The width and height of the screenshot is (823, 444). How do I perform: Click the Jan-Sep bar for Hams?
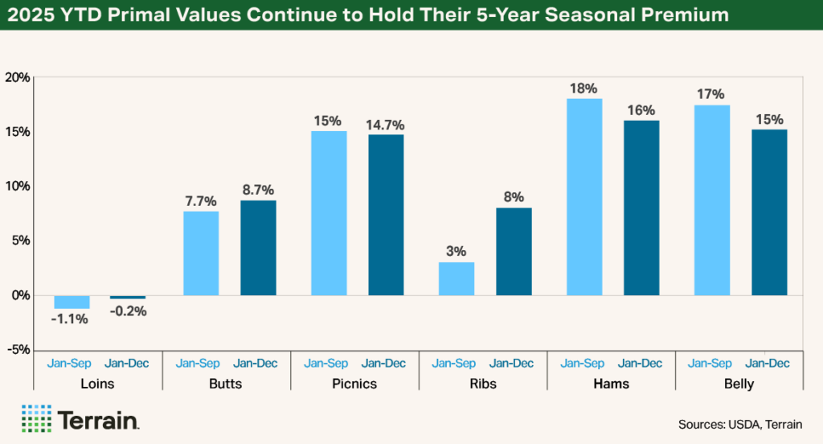pyautogui.click(x=584, y=197)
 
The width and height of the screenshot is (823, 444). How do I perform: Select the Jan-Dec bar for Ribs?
pyautogui.click(x=514, y=251)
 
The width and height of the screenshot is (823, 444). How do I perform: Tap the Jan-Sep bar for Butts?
pyautogui.click(x=201, y=253)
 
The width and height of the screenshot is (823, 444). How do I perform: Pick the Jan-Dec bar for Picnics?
pyautogui.click(x=386, y=215)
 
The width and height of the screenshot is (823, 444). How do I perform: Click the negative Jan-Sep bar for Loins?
pyautogui.click(x=72, y=302)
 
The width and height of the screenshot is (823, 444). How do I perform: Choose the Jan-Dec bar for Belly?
pyautogui.click(x=769, y=212)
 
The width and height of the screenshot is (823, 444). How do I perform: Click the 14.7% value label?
pyautogui.click(x=386, y=125)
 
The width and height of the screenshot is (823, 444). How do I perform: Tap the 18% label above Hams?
pyautogui.click(x=584, y=88)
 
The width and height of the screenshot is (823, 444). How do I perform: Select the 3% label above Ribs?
pyautogui.click(x=457, y=252)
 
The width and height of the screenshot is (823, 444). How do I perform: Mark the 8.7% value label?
pyautogui.click(x=257, y=190)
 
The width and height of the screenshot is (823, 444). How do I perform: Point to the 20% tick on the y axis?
pyautogui.click(x=17, y=78)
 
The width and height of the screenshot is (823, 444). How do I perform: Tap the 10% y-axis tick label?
pyautogui.click(x=17, y=187)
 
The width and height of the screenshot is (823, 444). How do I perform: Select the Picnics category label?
pyautogui.click(x=354, y=384)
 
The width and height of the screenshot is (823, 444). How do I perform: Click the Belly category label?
pyautogui.click(x=738, y=384)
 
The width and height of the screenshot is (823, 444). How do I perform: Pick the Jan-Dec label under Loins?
pyautogui.click(x=126, y=363)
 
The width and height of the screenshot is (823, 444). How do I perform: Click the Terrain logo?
pyautogui.click(x=81, y=419)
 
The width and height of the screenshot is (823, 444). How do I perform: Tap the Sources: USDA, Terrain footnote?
pyautogui.click(x=740, y=424)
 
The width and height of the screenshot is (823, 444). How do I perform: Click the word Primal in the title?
pyautogui.click(x=161, y=15)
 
